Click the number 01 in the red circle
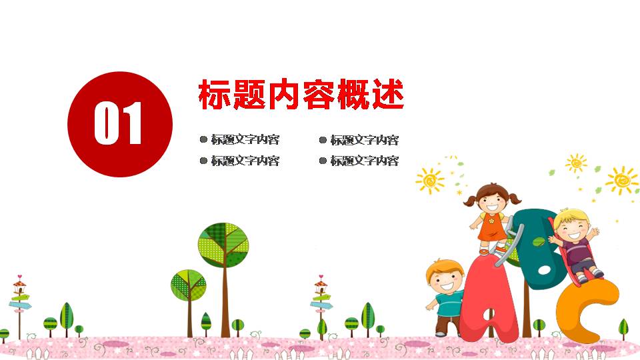click(x=119, y=123)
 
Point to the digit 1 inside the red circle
click(x=133, y=123)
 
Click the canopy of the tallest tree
click(x=223, y=245)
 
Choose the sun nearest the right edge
click(x=623, y=180)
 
